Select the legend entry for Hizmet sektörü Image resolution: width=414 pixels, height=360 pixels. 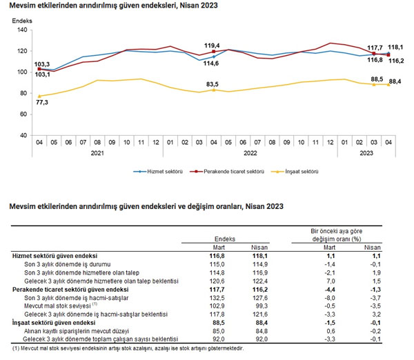(160, 170)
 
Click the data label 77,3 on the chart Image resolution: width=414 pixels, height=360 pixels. (41, 102)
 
